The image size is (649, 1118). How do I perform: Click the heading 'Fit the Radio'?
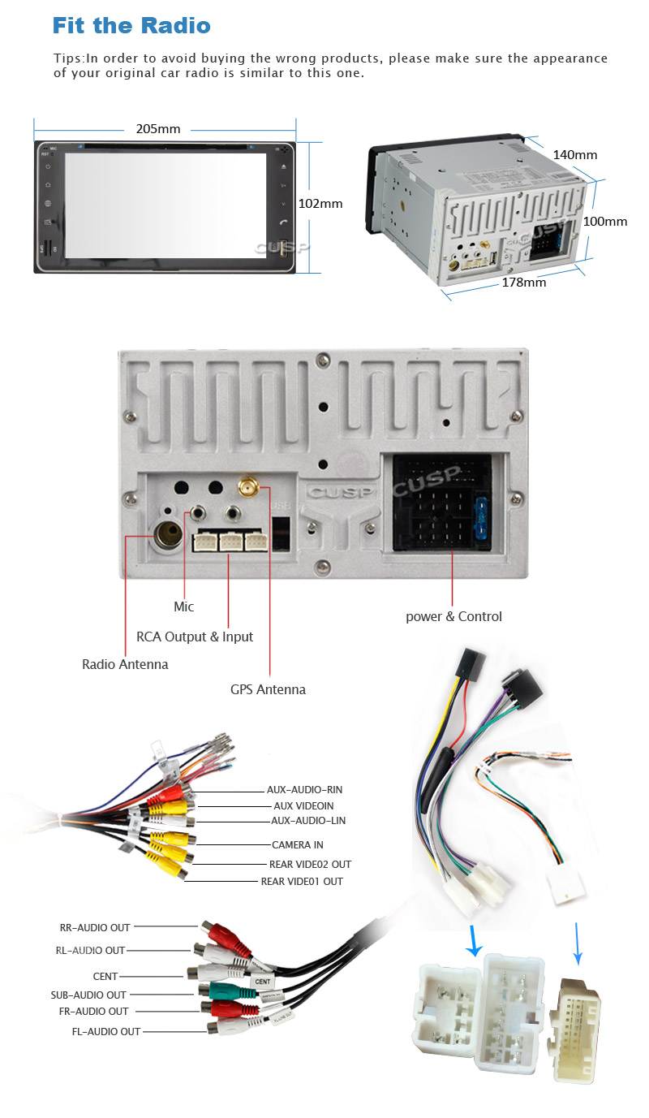point(131,25)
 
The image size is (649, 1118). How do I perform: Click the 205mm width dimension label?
point(157,129)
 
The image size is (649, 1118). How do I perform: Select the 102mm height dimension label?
point(320,204)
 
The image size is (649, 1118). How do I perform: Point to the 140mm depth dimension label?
point(574,155)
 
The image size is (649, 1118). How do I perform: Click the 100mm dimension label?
point(605,222)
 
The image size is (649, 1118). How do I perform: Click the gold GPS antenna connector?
point(247,488)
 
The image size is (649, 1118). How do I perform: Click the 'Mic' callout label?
point(184,606)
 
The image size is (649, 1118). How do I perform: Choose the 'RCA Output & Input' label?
point(195,637)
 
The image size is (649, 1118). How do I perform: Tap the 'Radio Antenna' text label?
point(125,664)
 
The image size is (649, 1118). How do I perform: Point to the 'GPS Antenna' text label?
point(268,689)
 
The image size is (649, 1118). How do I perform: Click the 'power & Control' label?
point(453,616)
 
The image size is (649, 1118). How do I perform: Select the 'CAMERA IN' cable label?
point(297,845)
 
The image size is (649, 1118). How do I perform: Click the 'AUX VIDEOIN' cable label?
point(303,805)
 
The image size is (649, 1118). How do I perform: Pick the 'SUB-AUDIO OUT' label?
point(88,995)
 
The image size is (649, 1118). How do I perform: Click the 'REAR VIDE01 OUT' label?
point(301,881)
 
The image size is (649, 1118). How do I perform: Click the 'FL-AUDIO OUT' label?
point(105,1031)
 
